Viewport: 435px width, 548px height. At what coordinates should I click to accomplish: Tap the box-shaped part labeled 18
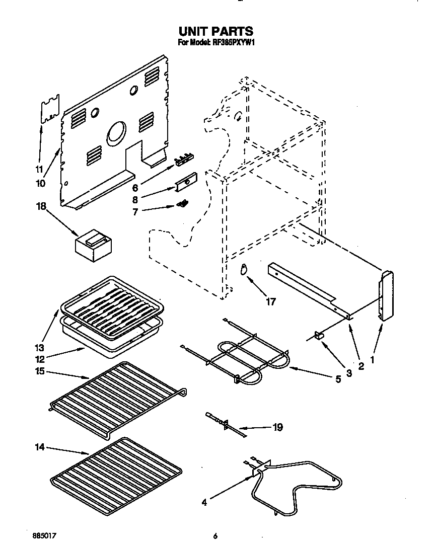pos(94,246)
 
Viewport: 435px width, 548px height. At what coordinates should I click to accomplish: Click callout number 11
pos(39,169)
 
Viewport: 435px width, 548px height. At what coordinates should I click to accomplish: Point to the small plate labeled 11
pos(49,108)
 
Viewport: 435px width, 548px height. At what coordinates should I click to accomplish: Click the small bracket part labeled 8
pos(185,182)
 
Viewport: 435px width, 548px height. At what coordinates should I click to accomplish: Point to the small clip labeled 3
pos(319,336)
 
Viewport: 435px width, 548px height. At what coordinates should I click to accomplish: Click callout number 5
pos(338,379)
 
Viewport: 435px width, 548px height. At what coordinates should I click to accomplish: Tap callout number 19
pos(277,428)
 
